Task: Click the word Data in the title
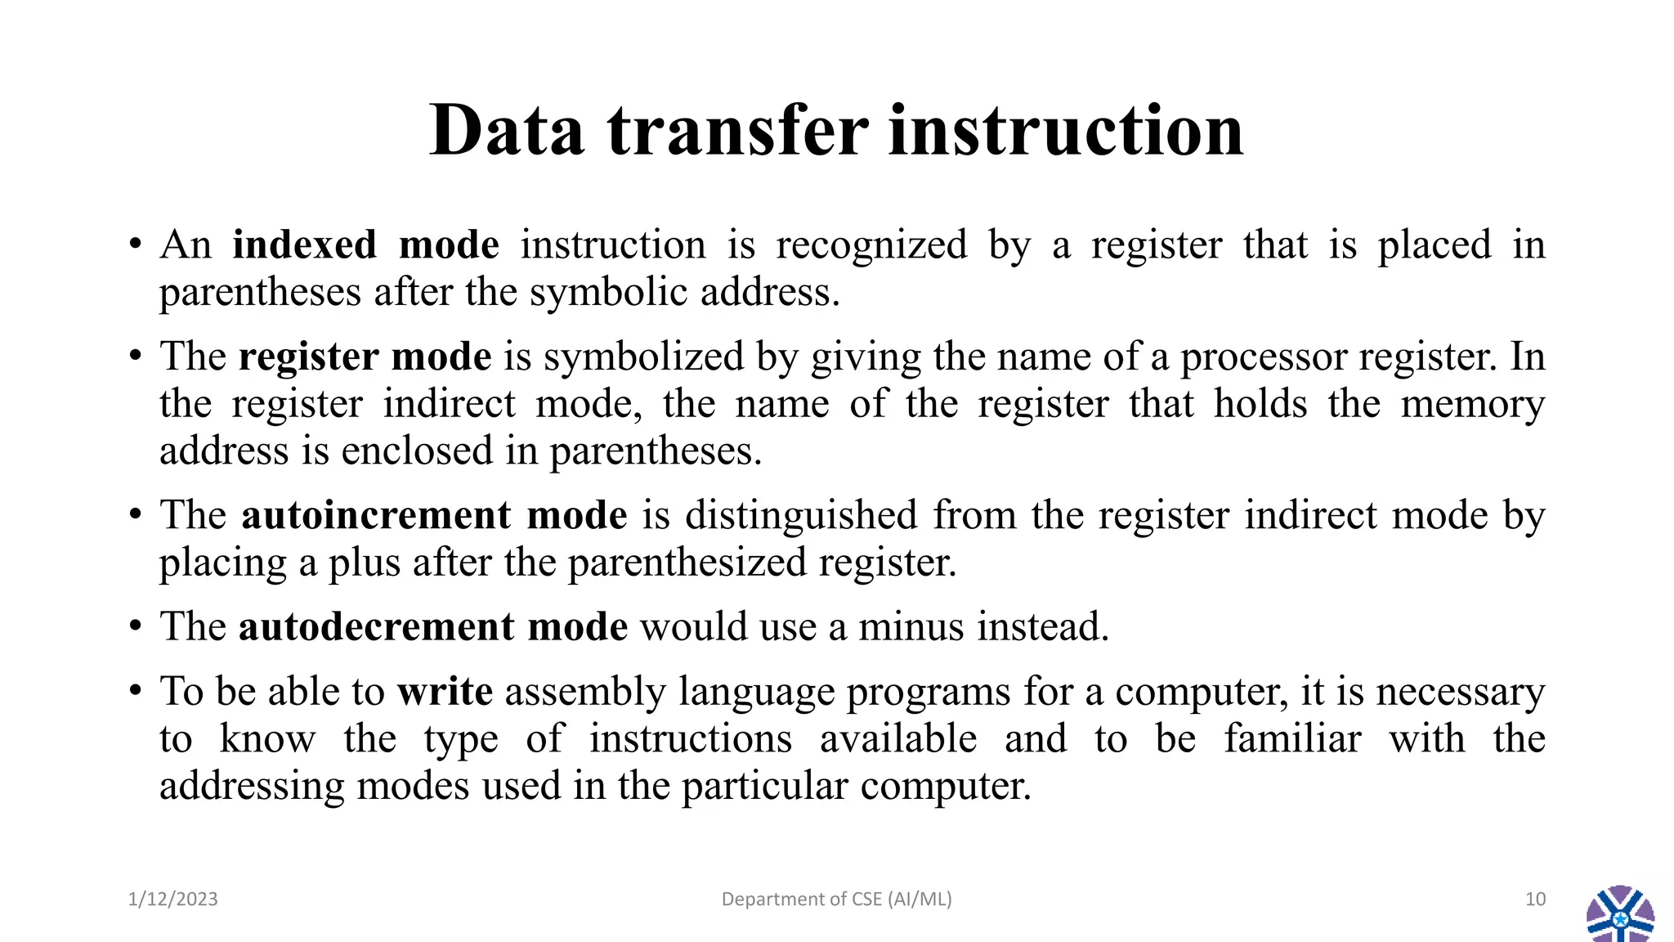pos(507,131)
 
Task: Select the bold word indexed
pos(304,245)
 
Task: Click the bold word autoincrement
pos(376,516)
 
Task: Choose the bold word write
pos(445,692)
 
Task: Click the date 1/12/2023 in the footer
pos(173,899)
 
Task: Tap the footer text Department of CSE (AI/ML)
pos(836,899)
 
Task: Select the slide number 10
pos(1535,899)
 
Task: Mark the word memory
pos(1472,405)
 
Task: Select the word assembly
pos(585,692)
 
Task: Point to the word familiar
pos(1292,739)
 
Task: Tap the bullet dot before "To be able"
pos(136,693)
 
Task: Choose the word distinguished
pos(800,516)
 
